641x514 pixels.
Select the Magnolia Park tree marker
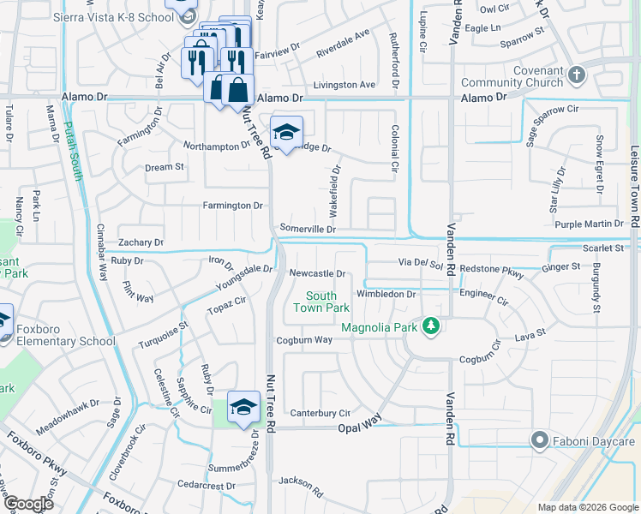pos(433,326)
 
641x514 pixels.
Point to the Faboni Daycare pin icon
pos(539,441)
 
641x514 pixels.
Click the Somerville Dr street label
pos(307,229)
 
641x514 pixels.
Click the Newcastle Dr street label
pos(316,274)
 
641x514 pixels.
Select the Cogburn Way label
pos(303,340)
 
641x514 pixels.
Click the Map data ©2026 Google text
pos(587,507)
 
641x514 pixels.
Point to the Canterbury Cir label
pos(320,413)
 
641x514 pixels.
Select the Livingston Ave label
pos(344,85)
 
